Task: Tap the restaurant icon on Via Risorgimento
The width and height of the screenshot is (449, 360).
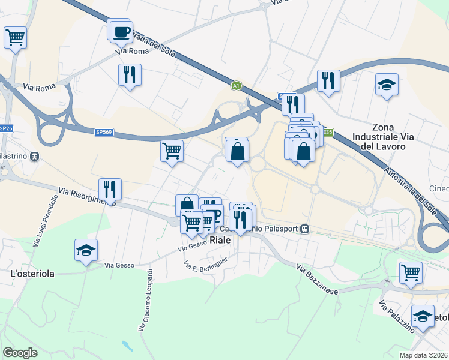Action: [110, 189]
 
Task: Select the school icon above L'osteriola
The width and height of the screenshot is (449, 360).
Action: [86, 250]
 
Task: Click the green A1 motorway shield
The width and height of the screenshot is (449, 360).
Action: [237, 86]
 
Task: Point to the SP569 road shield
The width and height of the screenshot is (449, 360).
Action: [103, 133]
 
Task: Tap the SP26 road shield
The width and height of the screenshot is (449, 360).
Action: [5, 128]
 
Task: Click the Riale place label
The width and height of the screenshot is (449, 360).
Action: [221, 240]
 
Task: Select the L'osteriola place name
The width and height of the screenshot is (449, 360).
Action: [32, 274]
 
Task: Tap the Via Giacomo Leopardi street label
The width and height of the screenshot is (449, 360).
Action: [145, 299]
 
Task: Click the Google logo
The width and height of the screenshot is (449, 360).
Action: [20, 352]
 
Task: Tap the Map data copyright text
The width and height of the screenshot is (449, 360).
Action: [424, 355]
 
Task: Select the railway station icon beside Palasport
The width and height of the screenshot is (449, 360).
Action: [306, 229]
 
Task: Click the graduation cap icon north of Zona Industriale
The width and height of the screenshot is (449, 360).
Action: [387, 85]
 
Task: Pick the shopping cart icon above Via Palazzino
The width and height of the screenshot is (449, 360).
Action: [411, 272]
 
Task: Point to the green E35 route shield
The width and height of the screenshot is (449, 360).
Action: [327, 131]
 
